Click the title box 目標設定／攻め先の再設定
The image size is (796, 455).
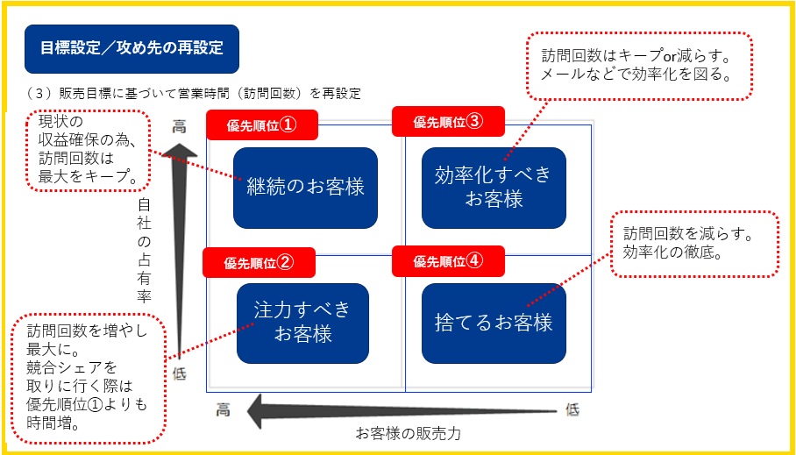[x=132, y=48]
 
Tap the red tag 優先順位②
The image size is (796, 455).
[x=259, y=262]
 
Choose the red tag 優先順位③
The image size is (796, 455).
[x=448, y=122]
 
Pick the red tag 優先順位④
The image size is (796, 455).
[x=448, y=260]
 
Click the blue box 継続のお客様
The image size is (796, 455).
[x=305, y=188]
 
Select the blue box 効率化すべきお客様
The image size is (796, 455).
[x=494, y=188]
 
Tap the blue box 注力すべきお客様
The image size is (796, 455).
[x=302, y=323]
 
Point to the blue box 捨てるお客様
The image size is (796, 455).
[x=494, y=323]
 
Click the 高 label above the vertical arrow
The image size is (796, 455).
[x=179, y=126]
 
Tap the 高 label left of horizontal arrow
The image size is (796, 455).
[x=224, y=409]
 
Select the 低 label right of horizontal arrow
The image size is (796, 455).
[x=572, y=409]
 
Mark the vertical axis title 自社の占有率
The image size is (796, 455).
[x=145, y=250]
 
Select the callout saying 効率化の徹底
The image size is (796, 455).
[x=694, y=245]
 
